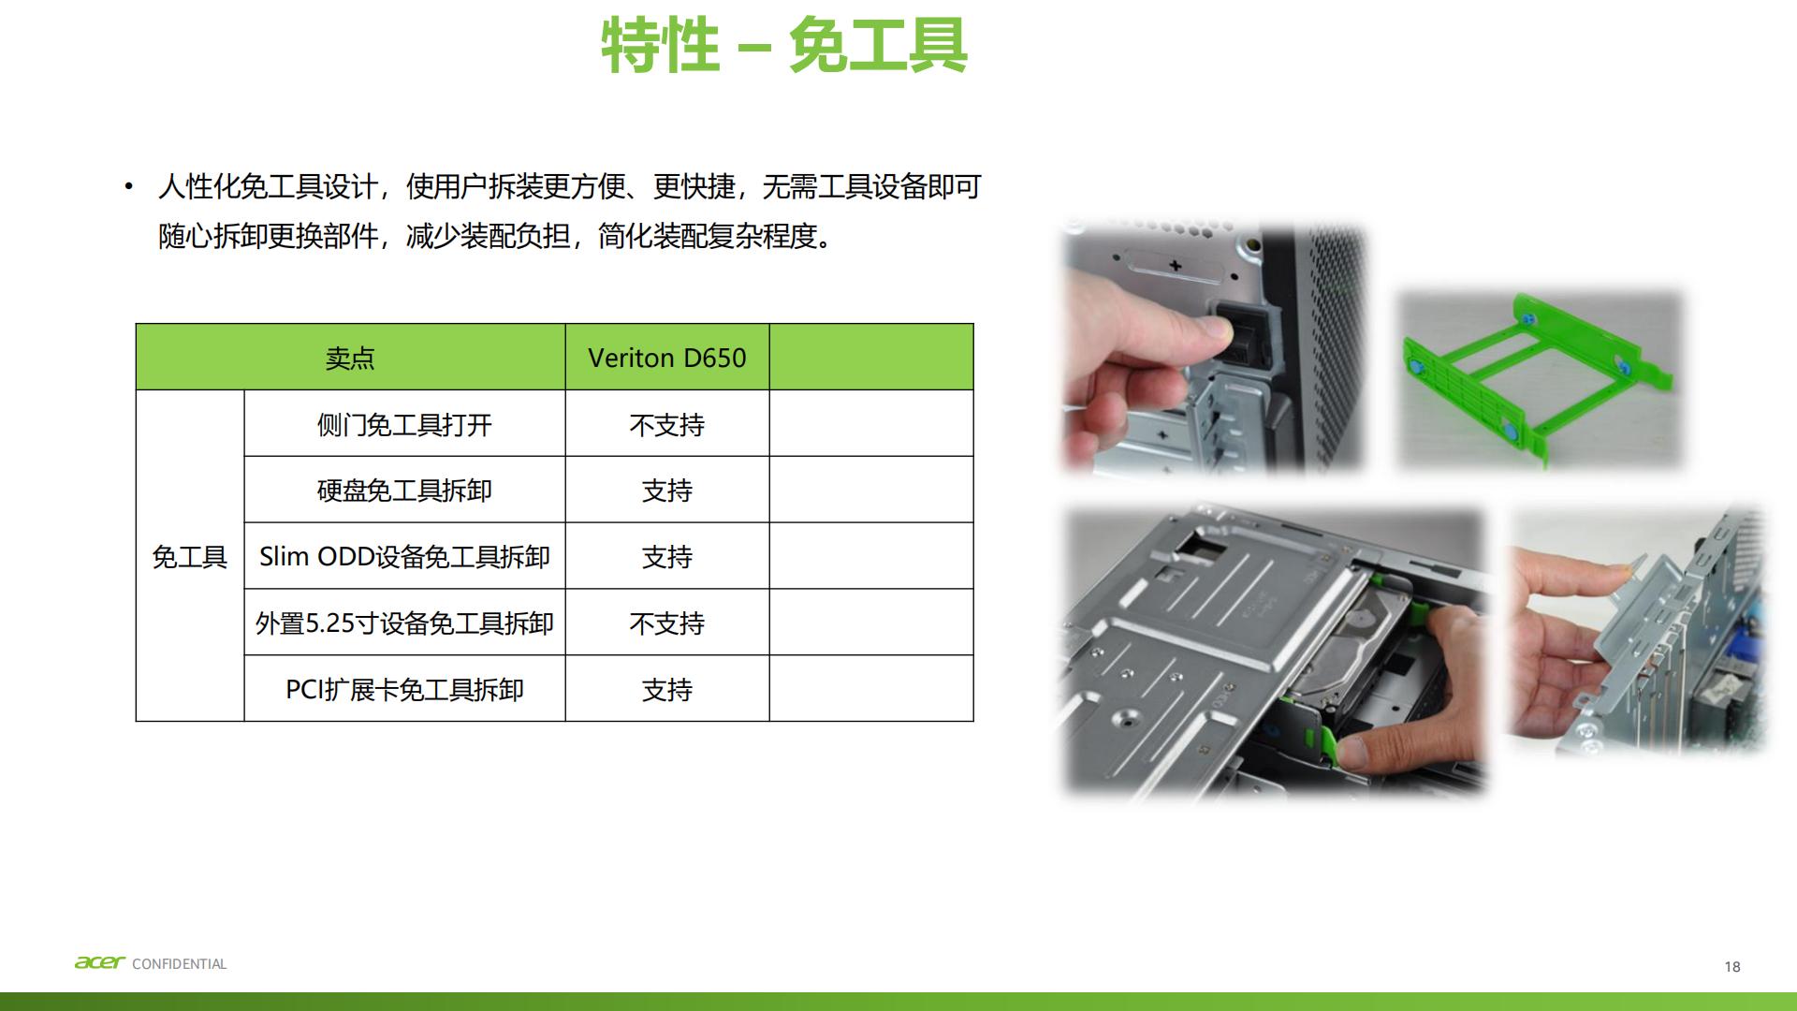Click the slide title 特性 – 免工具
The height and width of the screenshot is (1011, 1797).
click(784, 45)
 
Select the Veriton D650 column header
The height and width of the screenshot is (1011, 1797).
click(666, 358)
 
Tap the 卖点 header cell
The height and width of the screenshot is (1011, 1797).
click(350, 358)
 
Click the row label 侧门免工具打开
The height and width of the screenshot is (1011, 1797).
click(404, 425)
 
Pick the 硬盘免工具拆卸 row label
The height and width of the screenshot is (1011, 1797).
click(404, 491)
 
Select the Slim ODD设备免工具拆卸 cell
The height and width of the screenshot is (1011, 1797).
click(404, 557)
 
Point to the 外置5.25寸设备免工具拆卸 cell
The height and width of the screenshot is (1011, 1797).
click(404, 623)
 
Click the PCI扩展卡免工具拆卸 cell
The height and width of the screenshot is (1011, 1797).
click(404, 690)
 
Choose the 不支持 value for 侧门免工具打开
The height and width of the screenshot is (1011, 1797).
click(666, 425)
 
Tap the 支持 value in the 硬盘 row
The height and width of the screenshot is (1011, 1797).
click(666, 491)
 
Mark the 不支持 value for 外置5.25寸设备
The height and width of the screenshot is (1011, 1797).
click(666, 623)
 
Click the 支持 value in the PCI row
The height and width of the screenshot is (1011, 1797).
click(666, 690)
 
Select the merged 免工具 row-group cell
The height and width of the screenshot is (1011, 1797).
click(190, 557)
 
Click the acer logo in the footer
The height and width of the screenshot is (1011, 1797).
click(99, 962)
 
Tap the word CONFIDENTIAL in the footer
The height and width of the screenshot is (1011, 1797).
click(180, 964)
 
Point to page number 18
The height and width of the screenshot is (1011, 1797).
click(1731, 967)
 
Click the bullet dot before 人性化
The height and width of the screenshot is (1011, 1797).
click(129, 187)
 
